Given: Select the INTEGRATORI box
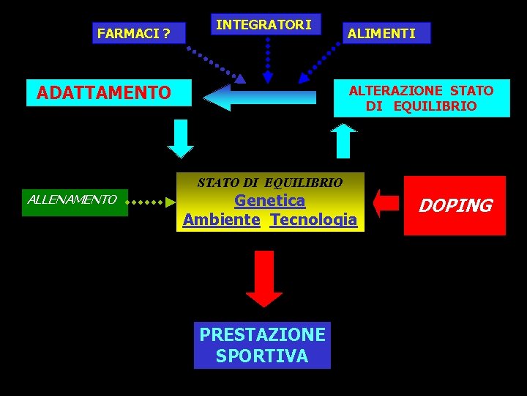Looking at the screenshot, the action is (x=263, y=25).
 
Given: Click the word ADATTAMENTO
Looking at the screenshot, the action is (x=103, y=92).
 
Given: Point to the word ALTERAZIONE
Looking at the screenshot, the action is (x=396, y=90).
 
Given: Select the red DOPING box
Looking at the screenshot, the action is (x=455, y=205).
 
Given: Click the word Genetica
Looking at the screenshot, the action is (x=269, y=200).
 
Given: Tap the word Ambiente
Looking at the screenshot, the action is (x=222, y=219).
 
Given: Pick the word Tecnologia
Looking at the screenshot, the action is (x=313, y=219).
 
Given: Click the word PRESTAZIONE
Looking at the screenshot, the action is (x=262, y=334).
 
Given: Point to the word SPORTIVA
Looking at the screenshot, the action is (x=262, y=356).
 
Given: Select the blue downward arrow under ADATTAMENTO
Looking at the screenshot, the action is (x=181, y=139).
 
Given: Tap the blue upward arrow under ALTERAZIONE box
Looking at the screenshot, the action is (x=343, y=140).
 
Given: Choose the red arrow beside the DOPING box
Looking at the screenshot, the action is (x=386, y=203).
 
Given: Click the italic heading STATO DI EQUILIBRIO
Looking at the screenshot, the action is (x=269, y=182).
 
